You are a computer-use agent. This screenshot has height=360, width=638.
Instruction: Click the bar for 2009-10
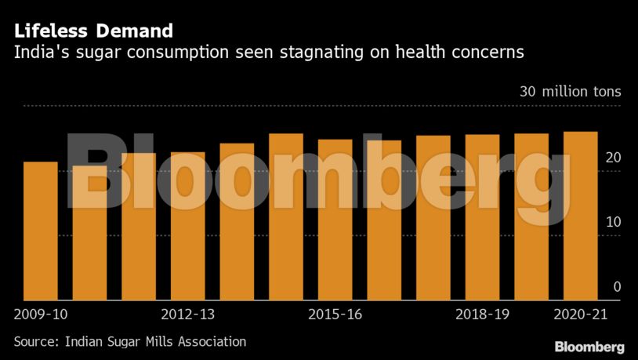(x=40, y=231)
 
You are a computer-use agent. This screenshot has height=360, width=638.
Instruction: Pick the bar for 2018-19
(x=482, y=217)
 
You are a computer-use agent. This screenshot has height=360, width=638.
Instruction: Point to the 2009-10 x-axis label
(x=42, y=315)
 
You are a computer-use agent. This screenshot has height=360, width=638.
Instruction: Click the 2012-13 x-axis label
(x=188, y=315)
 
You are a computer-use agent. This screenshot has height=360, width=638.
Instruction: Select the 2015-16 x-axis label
(x=335, y=315)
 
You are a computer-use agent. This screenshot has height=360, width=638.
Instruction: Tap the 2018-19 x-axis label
(x=483, y=315)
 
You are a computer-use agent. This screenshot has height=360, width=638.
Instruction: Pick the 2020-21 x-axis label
(x=581, y=315)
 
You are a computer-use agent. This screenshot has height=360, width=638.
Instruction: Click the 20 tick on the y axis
(x=612, y=158)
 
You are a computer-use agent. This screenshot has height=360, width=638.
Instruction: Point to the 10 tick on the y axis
(x=612, y=223)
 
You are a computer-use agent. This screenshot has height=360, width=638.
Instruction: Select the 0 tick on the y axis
(x=617, y=287)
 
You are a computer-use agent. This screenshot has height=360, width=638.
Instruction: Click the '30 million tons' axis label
(x=570, y=92)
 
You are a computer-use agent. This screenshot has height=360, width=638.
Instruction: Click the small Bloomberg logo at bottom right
(x=589, y=346)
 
